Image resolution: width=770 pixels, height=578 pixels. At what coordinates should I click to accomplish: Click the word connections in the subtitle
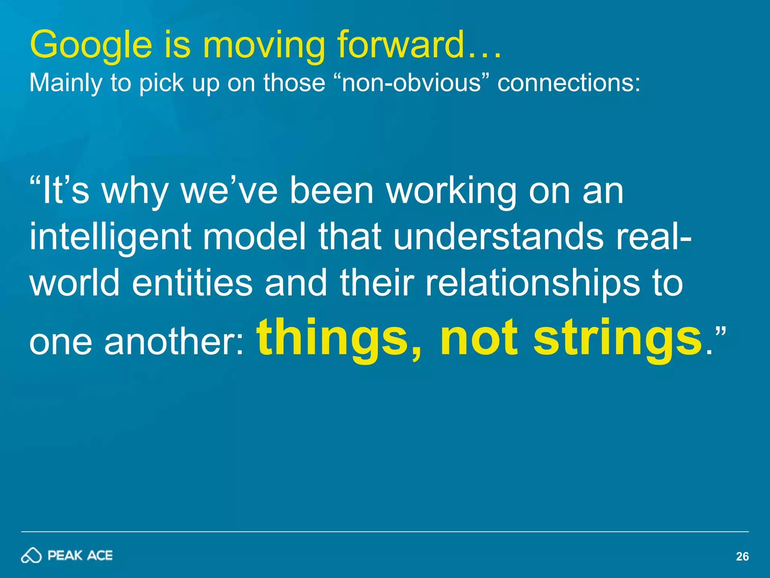(568, 82)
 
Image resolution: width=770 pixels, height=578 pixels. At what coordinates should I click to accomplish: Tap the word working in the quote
(451, 192)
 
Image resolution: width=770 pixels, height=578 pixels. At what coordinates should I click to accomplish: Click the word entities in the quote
(192, 283)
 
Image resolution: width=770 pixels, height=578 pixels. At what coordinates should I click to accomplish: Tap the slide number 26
(742, 557)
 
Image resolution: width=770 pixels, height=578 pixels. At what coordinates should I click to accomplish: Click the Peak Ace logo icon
(31, 555)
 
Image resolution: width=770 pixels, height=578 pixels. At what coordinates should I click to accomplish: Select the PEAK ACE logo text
(80, 555)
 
